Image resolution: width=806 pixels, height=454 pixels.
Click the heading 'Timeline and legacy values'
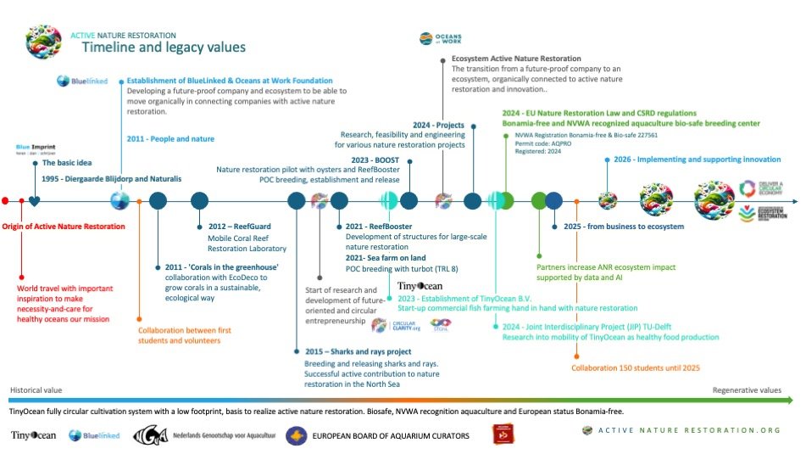click(164, 48)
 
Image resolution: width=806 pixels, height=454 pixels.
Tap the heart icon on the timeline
click(34, 201)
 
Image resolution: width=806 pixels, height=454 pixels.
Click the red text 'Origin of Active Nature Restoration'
click(64, 227)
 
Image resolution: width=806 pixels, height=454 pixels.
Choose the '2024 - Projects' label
click(438, 125)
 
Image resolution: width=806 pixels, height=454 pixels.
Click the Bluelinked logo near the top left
click(76, 81)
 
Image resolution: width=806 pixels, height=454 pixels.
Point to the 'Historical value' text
click(36, 390)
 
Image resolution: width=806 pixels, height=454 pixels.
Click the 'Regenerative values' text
click(747, 390)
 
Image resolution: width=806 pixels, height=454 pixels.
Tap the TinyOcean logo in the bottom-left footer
click(33, 435)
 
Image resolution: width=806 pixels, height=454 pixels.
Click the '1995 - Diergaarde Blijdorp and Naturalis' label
click(111, 179)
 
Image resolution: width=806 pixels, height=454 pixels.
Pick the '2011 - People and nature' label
click(170, 138)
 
